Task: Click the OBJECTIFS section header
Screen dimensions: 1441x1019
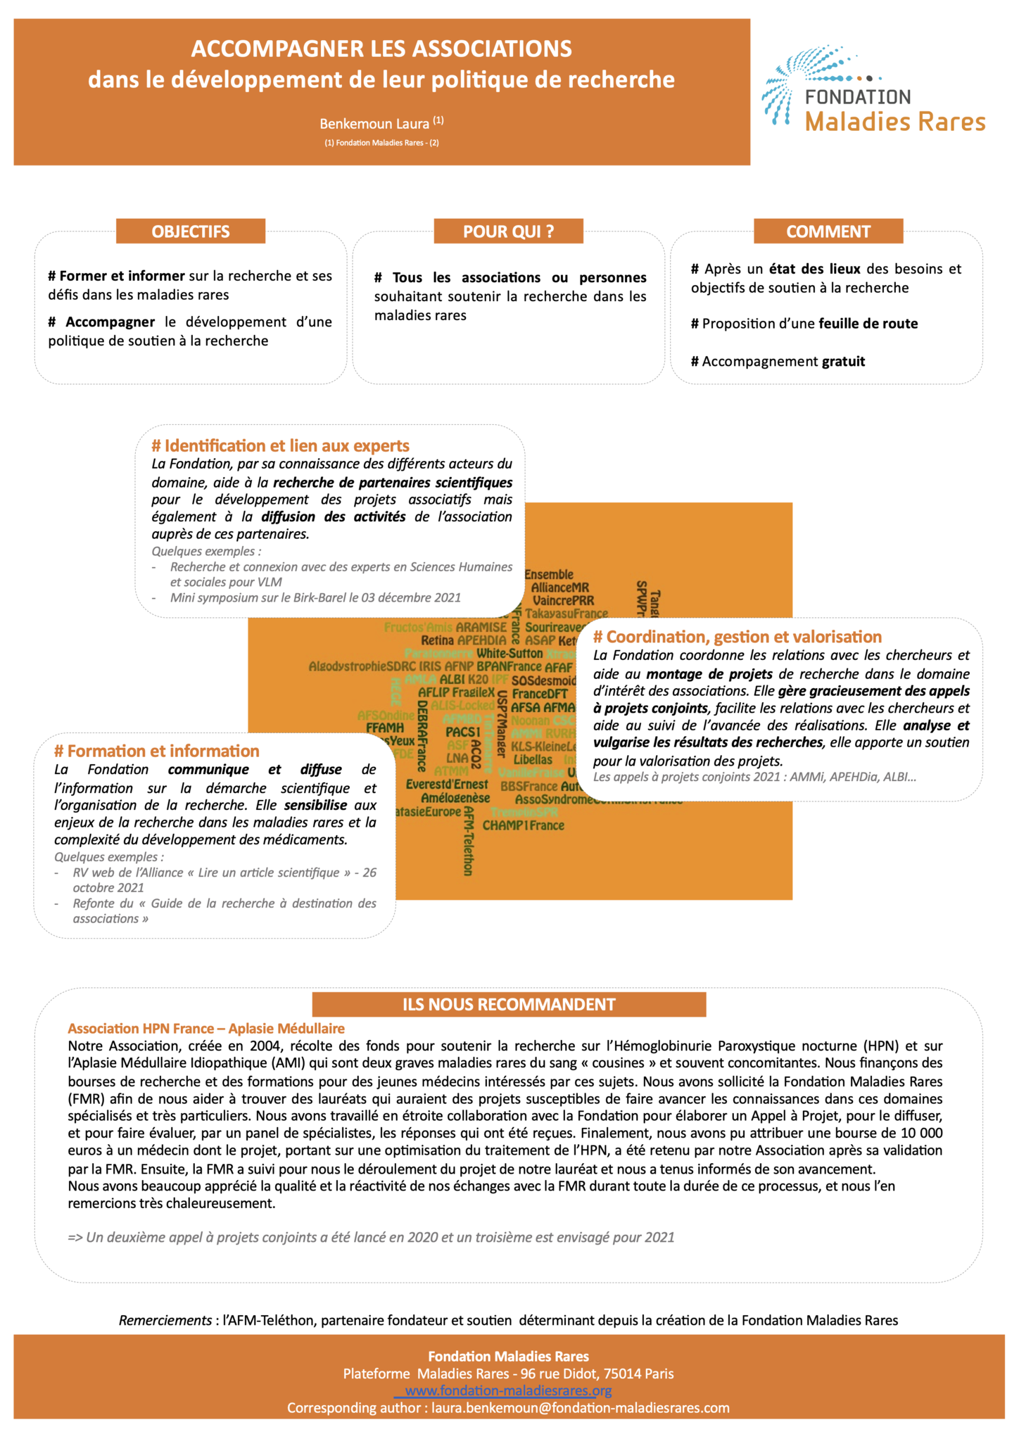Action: point(190,231)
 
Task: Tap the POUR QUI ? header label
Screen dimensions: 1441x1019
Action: point(508,231)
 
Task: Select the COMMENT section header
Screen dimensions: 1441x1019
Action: point(828,231)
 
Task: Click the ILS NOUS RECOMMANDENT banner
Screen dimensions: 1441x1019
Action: point(509,1004)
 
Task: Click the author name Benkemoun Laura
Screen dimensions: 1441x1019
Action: point(374,124)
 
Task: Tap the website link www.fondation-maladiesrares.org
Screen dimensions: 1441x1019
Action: point(508,1390)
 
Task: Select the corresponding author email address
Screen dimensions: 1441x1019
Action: point(580,1408)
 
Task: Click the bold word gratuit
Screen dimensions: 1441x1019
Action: point(843,362)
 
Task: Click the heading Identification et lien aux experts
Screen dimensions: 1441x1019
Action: point(280,446)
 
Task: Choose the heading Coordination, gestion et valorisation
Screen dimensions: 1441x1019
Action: point(737,637)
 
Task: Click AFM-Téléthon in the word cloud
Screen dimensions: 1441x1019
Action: point(467,841)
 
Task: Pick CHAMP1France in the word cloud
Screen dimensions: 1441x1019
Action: point(523,825)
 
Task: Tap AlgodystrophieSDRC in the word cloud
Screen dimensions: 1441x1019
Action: point(362,666)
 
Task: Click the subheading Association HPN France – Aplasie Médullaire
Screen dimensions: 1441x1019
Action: point(206,1029)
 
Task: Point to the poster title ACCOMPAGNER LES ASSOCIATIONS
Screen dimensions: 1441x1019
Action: point(381,49)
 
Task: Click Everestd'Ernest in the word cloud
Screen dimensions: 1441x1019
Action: point(447,784)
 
